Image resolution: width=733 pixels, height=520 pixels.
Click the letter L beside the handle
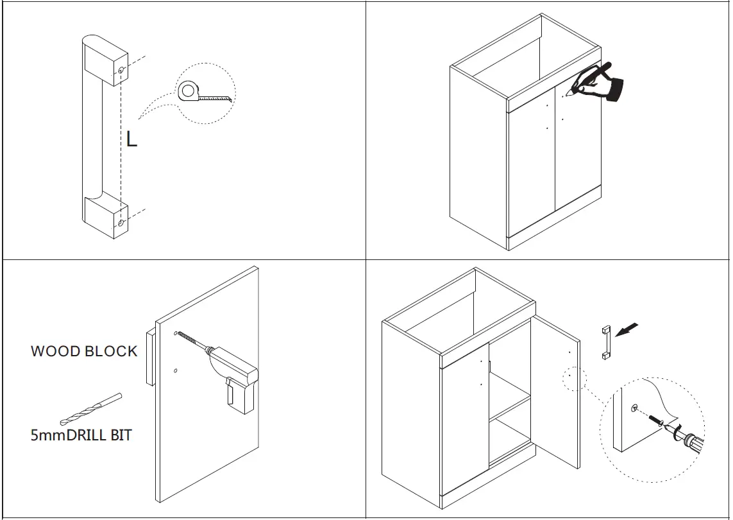pos(131,139)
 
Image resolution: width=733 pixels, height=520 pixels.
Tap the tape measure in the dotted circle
pos(190,91)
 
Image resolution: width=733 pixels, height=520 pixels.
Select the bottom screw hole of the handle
pos(121,223)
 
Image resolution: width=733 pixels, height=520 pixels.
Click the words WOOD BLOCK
pos(84,351)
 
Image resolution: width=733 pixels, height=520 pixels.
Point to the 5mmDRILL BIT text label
pos(81,435)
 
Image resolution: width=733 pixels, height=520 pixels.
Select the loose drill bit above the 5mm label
pos(90,409)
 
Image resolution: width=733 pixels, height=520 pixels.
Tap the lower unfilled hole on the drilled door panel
pos(175,371)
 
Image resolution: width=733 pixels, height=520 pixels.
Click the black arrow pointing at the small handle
pos(627,330)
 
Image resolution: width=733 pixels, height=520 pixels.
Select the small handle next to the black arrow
pos(604,342)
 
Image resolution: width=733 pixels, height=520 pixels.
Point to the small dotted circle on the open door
pos(574,378)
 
